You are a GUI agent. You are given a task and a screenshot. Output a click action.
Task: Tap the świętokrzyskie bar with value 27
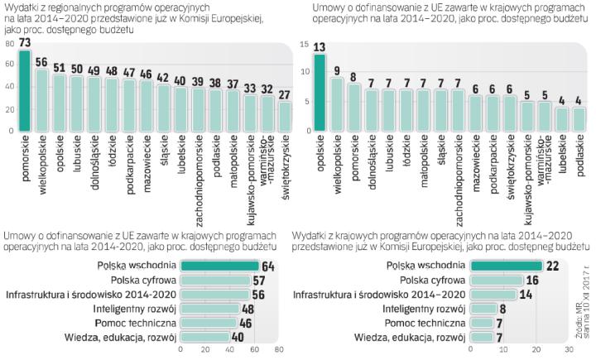coord(285,117)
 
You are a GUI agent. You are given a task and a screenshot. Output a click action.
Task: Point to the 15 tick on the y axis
coord(305,43)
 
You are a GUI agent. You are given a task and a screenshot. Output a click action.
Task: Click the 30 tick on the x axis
coord(569,349)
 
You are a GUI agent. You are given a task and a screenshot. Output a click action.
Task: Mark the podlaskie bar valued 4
coord(579,120)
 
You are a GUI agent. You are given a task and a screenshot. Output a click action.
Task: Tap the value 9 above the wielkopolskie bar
coord(338,70)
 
